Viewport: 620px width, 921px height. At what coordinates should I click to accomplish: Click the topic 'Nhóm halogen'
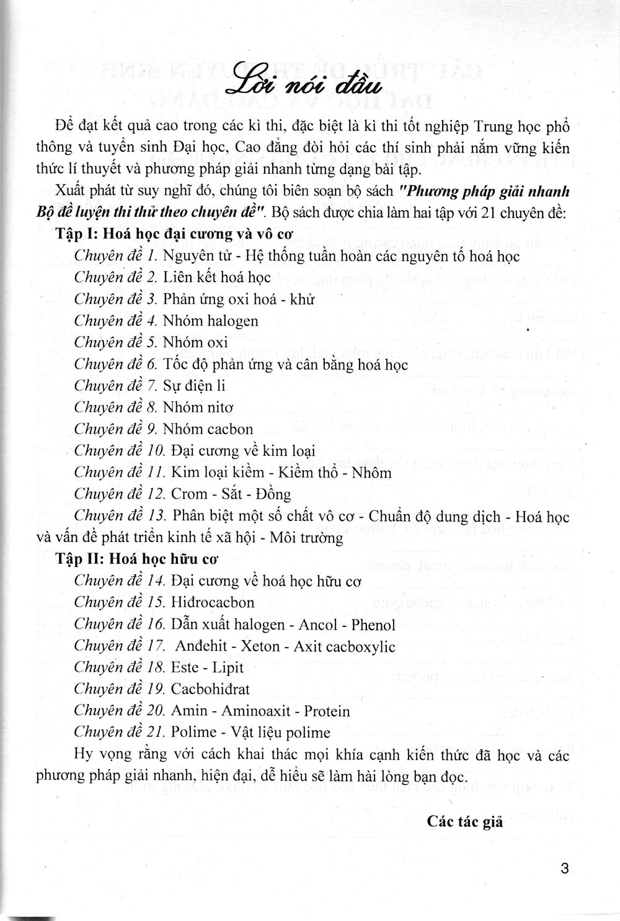click(211, 321)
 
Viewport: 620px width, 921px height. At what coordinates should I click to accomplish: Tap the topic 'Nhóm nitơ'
click(198, 407)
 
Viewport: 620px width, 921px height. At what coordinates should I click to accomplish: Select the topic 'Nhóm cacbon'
click(208, 429)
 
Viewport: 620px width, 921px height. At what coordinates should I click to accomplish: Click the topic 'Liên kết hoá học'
click(217, 277)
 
